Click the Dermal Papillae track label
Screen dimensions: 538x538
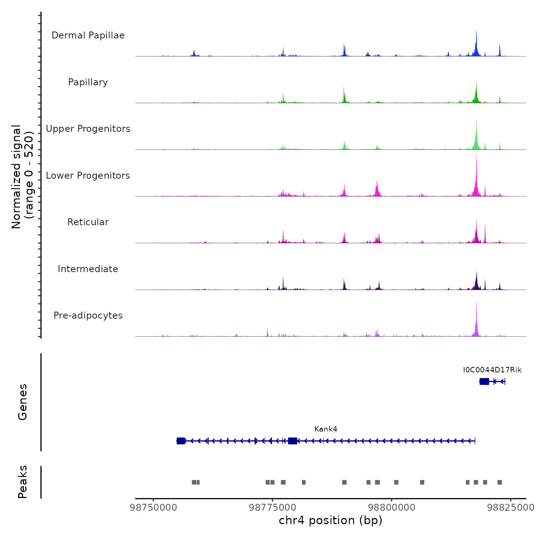(x=88, y=35)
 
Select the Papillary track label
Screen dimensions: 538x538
(x=88, y=82)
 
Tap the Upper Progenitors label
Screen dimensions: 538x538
(x=88, y=129)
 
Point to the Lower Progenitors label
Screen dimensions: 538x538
(x=88, y=176)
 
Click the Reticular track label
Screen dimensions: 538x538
(x=88, y=222)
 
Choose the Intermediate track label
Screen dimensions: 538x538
(x=88, y=269)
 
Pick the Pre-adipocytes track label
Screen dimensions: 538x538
(x=88, y=315)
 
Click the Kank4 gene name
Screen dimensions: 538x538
(x=325, y=429)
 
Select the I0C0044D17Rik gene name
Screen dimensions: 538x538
(x=492, y=370)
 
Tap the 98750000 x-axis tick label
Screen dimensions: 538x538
(x=154, y=508)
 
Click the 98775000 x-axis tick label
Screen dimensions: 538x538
(x=273, y=508)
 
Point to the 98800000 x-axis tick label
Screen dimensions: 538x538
(x=392, y=508)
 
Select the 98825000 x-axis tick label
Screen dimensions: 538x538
(x=511, y=508)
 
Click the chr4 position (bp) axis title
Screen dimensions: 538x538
(x=330, y=520)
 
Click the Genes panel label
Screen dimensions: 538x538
(x=23, y=402)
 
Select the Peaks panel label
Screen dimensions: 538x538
(x=23, y=482)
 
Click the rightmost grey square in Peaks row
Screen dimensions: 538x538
(x=500, y=482)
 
